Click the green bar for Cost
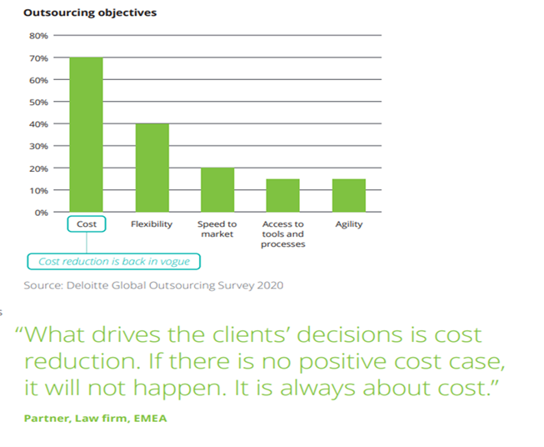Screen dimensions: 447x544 click(86, 134)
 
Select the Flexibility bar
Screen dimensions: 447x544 click(152, 168)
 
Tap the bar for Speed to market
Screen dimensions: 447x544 click(217, 189)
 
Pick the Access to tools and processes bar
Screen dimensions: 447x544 click(282, 195)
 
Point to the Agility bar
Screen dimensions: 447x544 click(348, 195)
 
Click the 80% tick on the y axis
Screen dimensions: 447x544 click(39, 36)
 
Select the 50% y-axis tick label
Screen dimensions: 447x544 click(39, 102)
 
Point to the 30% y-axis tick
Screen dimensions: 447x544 click(39, 146)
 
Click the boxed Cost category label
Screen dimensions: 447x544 click(86, 224)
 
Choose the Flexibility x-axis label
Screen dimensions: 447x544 click(152, 224)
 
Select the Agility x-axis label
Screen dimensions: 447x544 click(348, 224)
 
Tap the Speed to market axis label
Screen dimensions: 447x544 click(217, 229)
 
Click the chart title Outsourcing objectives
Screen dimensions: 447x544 click(89, 13)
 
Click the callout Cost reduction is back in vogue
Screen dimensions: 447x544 click(114, 261)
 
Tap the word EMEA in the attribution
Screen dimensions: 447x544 click(151, 417)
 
